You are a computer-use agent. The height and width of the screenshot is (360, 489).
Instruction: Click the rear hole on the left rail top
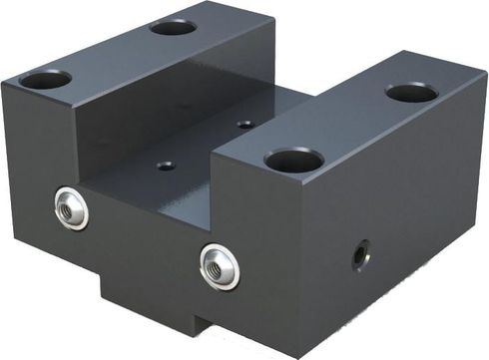point(173,26)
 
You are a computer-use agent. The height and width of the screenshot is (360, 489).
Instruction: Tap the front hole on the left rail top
point(46,78)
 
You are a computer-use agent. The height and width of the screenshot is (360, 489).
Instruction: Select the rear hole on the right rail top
point(411,93)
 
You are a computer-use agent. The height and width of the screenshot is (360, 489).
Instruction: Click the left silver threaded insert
point(71,206)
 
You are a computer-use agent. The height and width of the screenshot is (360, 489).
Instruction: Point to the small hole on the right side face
point(358,256)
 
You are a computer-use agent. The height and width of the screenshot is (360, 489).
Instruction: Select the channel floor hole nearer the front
point(166,165)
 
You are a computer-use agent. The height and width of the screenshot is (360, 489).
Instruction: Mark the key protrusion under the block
point(150,309)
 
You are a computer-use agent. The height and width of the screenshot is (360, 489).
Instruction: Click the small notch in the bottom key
point(201,328)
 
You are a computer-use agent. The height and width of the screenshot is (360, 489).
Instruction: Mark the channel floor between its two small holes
point(205,146)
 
